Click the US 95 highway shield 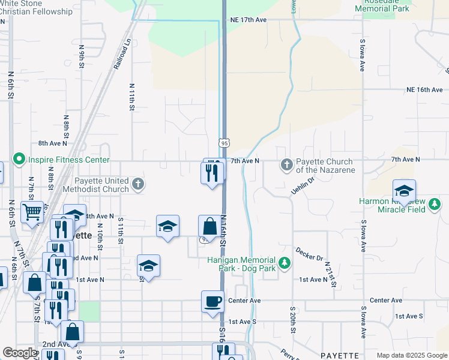[x=224, y=143]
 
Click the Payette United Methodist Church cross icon [x=138, y=184]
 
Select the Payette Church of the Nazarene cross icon [x=286, y=164]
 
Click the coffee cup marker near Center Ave [x=212, y=301]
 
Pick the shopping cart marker [x=32, y=211]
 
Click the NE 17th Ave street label [x=248, y=20]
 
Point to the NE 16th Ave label [x=424, y=89]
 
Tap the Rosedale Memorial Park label [x=382, y=5]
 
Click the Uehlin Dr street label [x=303, y=184]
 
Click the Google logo [x=20, y=353]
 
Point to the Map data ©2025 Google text [x=411, y=355]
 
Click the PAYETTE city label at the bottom [x=339, y=355]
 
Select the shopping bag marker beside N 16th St [x=209, y=227]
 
